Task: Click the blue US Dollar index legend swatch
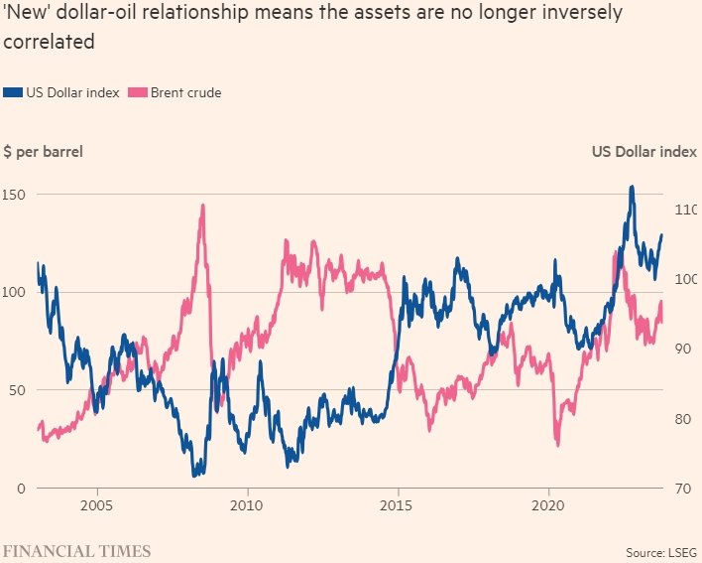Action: (x=13, y=92)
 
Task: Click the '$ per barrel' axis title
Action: (x=44, y=152)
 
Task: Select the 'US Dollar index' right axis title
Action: (x=644, y=152)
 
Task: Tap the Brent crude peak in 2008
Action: (x=202, y=206)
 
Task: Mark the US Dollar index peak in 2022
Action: (x=632, y=187)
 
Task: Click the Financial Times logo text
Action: (x=76, y=549)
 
